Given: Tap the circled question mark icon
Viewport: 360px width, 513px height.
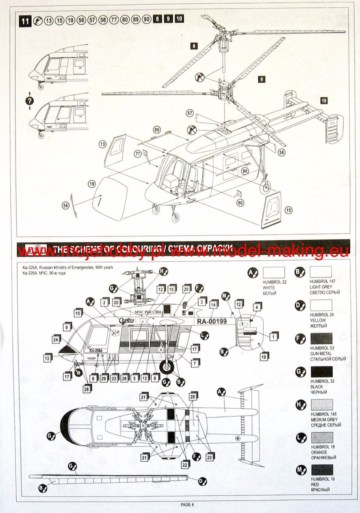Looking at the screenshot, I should (30, 101).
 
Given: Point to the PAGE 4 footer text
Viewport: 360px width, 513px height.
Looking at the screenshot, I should (187, 504).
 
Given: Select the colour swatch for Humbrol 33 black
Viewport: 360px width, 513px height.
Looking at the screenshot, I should (322, 371).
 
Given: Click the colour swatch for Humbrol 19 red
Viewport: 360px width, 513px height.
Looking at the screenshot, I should (322, 470).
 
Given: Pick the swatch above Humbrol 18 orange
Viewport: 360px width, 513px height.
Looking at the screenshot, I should (322, 437).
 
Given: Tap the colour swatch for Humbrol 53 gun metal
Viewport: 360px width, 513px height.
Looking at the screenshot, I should (322, 338).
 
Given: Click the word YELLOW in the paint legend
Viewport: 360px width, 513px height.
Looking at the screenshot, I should (318, 320).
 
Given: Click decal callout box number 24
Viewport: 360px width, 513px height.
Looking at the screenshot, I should (56, 339).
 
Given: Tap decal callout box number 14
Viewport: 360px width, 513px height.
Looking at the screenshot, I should (213, 304).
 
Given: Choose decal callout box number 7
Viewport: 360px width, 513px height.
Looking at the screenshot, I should (195, 363).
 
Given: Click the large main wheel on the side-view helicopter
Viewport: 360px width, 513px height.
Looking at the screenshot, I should (167, 367).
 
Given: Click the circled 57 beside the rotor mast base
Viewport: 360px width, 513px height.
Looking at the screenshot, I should (190, 113).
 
